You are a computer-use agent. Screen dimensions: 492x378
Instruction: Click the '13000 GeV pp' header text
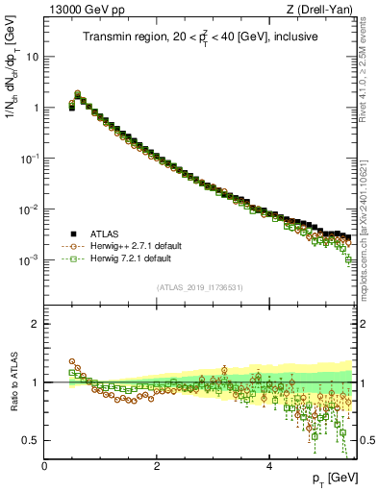point(79,10)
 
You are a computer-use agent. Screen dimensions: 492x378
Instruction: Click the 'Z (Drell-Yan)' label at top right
point(325,10)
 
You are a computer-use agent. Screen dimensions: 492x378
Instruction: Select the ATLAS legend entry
point(104,234)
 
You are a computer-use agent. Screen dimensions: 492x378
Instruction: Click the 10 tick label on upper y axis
point(32,57)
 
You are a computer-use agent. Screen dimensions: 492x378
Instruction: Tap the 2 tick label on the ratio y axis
point(37,325)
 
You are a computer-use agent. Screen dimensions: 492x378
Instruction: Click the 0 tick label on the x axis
point(44,466)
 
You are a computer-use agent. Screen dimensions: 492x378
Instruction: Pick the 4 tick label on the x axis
point(269,466)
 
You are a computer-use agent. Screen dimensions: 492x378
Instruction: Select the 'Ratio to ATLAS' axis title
point(12,381)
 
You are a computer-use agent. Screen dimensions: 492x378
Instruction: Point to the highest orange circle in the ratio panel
point(72,362)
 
